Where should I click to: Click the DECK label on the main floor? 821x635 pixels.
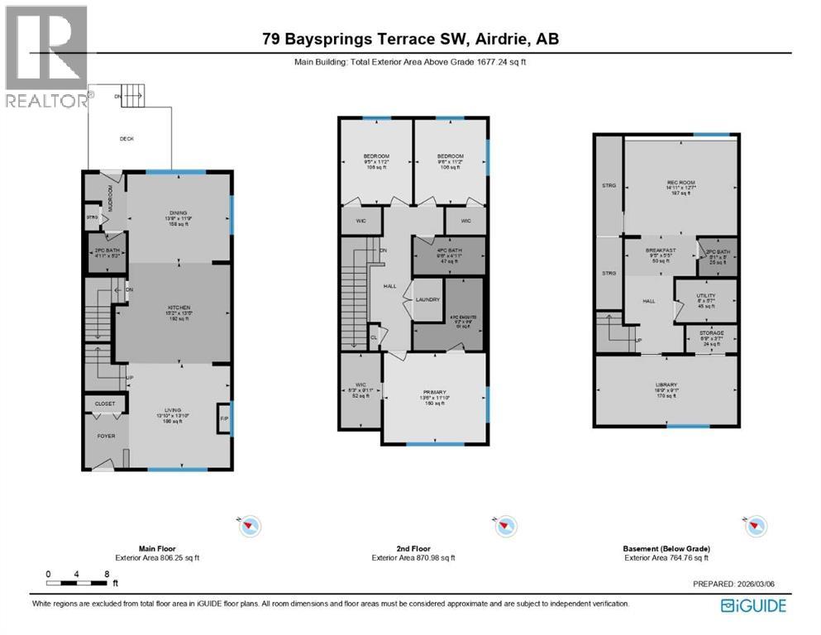[126, 139]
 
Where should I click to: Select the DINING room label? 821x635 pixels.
[179, 212]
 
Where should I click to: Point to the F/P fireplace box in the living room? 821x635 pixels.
[222, 418]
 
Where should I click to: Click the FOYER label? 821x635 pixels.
[106, 436]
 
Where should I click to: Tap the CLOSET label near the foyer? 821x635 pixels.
[105, 403]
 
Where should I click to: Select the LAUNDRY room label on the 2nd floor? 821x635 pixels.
[427, 300]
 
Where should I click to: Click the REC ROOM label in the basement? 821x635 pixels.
[679, 184]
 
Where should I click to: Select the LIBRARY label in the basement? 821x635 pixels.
[666, 384]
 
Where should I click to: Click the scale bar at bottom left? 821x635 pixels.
[77, 583]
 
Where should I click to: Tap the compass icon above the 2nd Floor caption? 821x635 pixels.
[503, 525]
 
